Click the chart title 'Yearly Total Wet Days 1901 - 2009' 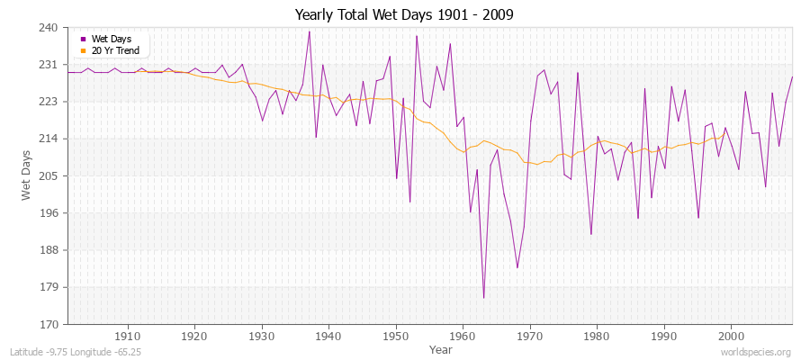pos(405,15)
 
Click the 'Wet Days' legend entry pos(112,40)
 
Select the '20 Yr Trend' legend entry pos(115,50)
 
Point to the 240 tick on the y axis pos(49,28)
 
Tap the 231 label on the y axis pos(49,66)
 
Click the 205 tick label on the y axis pos(49,176)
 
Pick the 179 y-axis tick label pos(49,287)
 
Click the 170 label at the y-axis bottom pos(49,324)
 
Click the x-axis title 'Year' pos(441,348)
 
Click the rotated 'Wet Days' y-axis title pos(26,176)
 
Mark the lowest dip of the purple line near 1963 pos(483,298)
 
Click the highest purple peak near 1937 pos(310,31)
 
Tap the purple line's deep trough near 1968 pos(517,267)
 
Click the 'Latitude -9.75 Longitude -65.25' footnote pos(76,351)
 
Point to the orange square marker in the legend pos(85,50)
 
